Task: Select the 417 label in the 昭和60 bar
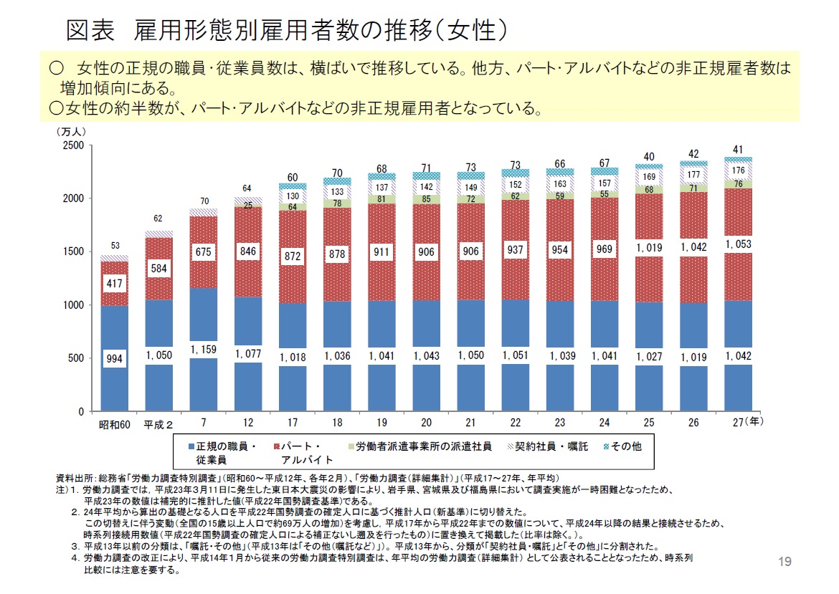114,284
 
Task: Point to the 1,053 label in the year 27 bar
739,244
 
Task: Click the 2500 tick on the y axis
75,145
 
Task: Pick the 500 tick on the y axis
77,358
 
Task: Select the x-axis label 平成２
158,423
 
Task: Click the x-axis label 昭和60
114,423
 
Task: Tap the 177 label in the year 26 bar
693,174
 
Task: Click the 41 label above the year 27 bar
738,149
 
